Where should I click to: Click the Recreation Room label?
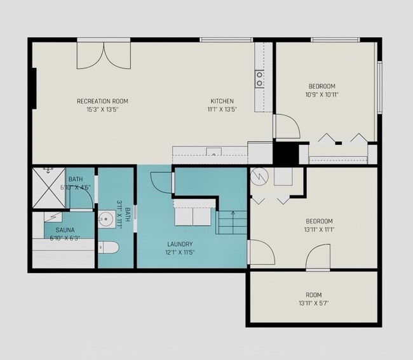pyautogui.click(x=102, y=101)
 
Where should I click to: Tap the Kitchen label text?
pyautogui.click(x=222, y=101)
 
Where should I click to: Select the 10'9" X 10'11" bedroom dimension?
pyautogui.click(x=322, y=95)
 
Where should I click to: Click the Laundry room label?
pyautogui.click(x=180, y=244)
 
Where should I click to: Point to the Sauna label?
pyautogui.click(x=65, y=230)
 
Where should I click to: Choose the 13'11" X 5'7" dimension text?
pyautogui.click(x=314, y=303)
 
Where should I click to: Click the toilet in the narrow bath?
pyautogui.click(x=108, y=248)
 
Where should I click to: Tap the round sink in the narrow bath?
pyautogui.click(x=107, y=218)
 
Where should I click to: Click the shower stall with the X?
pyautogui.click(x=48, y=188)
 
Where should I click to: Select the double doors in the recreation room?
pyautogui.click(x=104, y=55)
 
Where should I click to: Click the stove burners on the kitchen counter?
pyautogui.click(x=259, y=79)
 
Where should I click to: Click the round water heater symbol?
pyautogui.click(x=259, y=177)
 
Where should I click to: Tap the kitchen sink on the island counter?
pyautogui.click(x=213, y=152)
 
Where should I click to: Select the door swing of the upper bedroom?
pyautogui.click(x=287, y=126)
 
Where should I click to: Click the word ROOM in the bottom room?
pyautogui.click(x=314, y=295)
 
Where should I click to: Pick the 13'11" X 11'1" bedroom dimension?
pyautogui.click(x=319, y=229)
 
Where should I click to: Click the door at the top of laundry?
pyautogui.click(x=162, y=183)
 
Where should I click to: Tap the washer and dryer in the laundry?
pyautogui.click(x=193, y=217)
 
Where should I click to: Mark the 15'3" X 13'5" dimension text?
pyautogui.click(x=102, y=109)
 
